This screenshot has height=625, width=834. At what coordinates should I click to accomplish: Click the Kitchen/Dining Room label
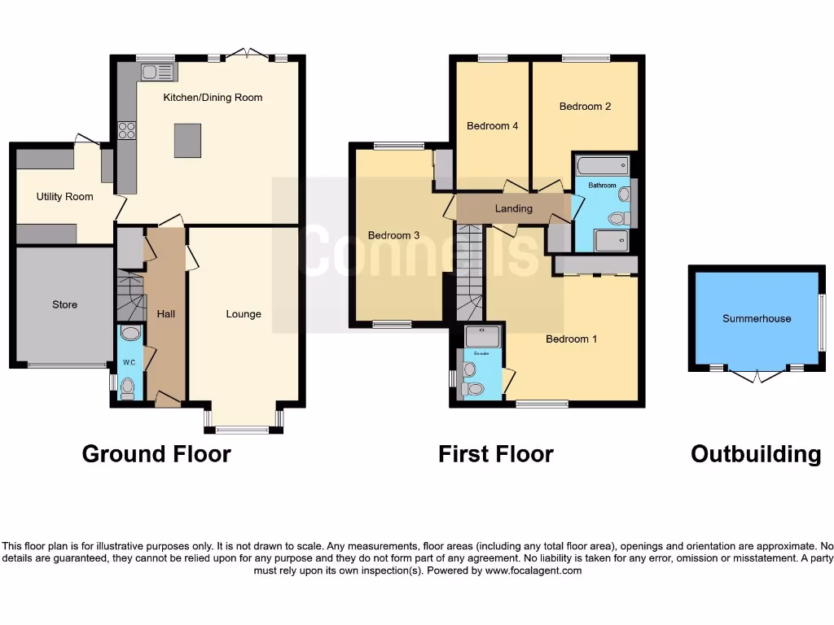[x=213, y=98]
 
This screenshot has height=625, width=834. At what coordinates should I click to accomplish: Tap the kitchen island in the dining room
[x=187, y=141]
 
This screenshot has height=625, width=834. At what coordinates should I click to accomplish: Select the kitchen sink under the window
[x=157, y=72]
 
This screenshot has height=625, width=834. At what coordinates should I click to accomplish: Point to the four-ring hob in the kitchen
[x=127, y=130]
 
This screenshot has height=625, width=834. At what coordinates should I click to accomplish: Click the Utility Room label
[x=64, y=197]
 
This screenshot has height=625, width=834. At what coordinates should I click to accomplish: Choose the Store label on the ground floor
[x=64, y=304]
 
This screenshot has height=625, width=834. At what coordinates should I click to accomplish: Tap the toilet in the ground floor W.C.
[x=127, y=389]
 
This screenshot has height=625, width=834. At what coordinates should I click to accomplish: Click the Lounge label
[x=244, y=314]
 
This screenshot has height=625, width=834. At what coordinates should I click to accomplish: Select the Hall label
[x=166, y=314]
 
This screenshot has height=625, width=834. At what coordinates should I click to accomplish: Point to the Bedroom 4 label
[x=492, y=126]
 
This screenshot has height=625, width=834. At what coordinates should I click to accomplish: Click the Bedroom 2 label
[x=585, y=107]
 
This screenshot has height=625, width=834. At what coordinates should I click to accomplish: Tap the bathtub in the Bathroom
[x=603, y=166]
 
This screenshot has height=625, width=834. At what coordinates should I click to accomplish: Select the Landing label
[x=513, y=208]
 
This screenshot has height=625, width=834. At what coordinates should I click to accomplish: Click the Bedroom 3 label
[x=393, y=236]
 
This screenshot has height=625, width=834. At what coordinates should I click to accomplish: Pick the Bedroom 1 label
[x=571, y=339]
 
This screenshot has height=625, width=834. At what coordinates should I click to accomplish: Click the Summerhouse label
[x=757, y=319]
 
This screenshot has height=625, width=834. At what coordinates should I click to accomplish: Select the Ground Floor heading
[x=156, y=454]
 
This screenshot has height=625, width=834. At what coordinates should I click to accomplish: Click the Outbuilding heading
[x=755, y=454]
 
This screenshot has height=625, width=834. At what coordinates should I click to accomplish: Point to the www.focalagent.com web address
[x=533, y=570]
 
